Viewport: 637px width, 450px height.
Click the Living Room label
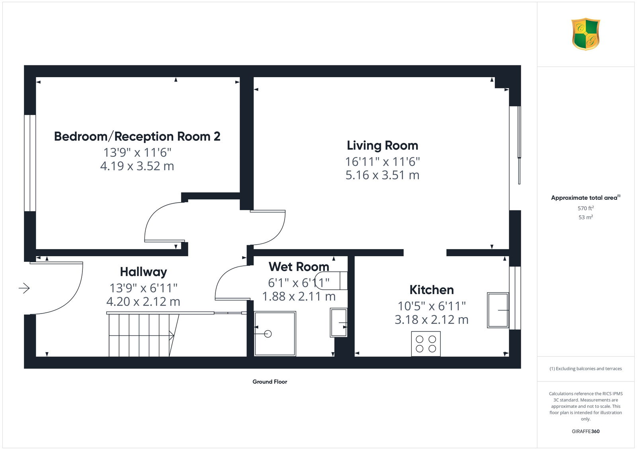pos(383,146)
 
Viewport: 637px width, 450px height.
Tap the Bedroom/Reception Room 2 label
pos(137,136)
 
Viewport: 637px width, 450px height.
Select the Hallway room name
pos(143,272)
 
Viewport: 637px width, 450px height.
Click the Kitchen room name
pos(432,290)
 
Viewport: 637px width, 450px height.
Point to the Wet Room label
pos(299,267)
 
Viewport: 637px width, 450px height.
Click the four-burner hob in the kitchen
pos(426,344)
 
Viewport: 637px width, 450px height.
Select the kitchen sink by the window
pos(498,310)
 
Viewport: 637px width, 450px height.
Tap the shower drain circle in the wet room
pos(268,334)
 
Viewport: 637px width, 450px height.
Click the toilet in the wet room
pos(331,281)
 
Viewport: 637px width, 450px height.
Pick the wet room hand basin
pos(338,323)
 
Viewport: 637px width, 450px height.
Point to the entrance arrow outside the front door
pos(24,288)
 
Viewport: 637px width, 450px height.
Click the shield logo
pos(586,34)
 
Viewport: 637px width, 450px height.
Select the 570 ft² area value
pos(586,208)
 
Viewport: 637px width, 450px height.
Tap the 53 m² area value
pos(586,217)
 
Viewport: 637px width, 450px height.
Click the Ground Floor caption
pos(270,382)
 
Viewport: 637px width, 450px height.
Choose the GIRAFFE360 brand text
pos(586,431)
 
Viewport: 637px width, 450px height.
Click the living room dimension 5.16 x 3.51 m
pos(383,175)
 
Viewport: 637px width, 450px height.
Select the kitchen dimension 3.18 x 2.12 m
pos(432,320)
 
